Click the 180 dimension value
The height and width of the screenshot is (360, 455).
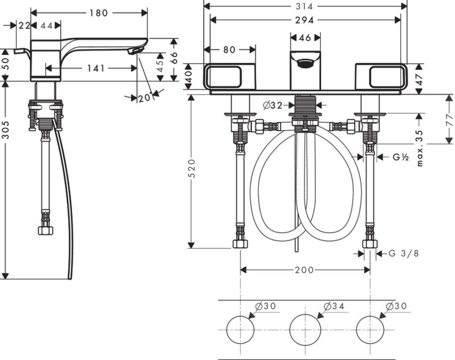click(x=99, y=13)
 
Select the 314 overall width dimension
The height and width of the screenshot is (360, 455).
click(x=304, y=6)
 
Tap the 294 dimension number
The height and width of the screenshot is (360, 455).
click(x=304, y=20)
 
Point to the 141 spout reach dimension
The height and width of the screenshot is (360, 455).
click(x=96, y=68)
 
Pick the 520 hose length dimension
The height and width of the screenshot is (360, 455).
click(x=192, y=168)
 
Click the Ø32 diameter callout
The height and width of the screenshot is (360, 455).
click(x=273, y=105)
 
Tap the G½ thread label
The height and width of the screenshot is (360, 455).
click(x=401, y=157)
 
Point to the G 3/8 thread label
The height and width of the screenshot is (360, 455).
click(x=404, y=253)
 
